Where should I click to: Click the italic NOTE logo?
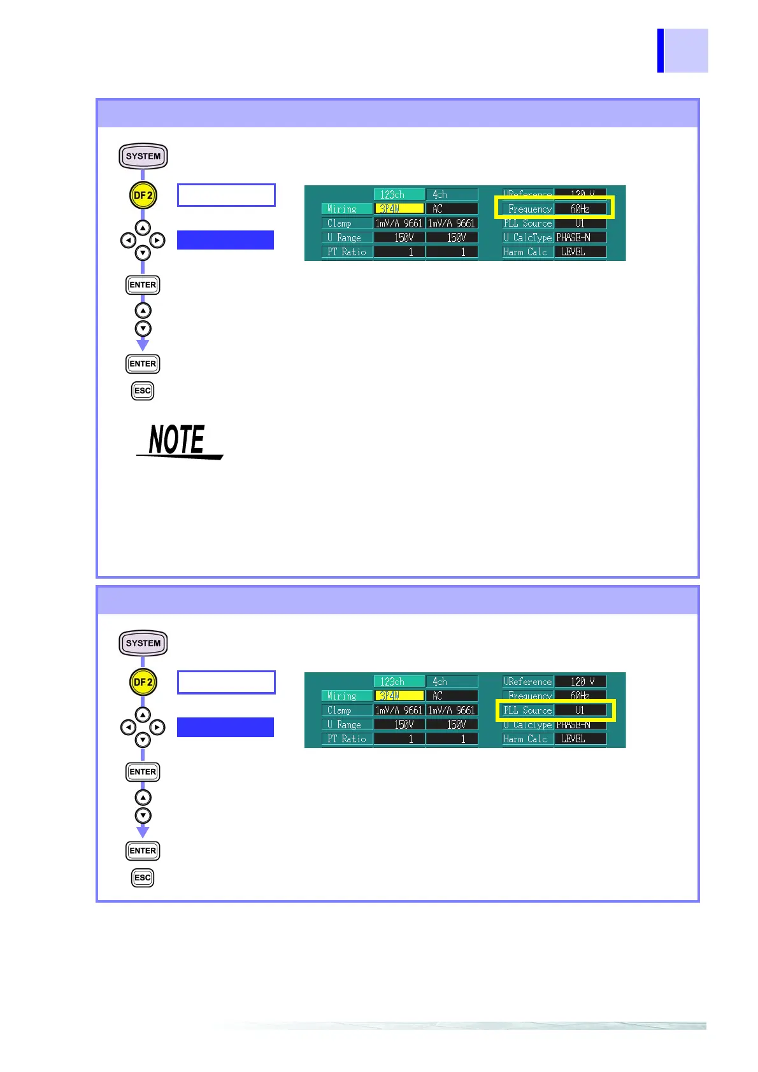178,441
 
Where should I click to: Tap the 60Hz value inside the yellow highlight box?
580,209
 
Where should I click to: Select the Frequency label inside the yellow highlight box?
529,209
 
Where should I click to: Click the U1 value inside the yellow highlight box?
580,710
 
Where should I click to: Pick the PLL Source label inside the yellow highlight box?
527,710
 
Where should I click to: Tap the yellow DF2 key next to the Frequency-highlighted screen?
143,195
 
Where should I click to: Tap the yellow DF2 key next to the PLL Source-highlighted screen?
143,682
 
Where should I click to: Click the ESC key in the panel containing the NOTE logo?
143,391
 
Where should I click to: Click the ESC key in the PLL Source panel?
143,878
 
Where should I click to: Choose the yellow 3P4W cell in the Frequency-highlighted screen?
399,209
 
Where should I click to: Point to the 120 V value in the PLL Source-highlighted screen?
581,681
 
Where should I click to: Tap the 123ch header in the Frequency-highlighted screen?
399,194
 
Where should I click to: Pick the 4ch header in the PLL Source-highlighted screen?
452,681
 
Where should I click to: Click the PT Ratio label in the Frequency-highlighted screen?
347,252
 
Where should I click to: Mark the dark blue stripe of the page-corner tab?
661,50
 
